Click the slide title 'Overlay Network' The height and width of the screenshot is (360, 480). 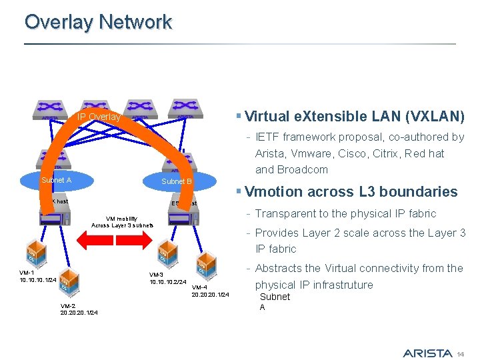98,22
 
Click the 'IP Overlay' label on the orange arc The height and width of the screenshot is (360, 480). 99,117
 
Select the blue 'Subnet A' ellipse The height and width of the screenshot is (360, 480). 56,180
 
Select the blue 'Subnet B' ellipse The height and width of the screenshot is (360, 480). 177,181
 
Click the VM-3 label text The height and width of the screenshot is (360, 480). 156,275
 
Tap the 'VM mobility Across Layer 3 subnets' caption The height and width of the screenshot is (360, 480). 122,221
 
